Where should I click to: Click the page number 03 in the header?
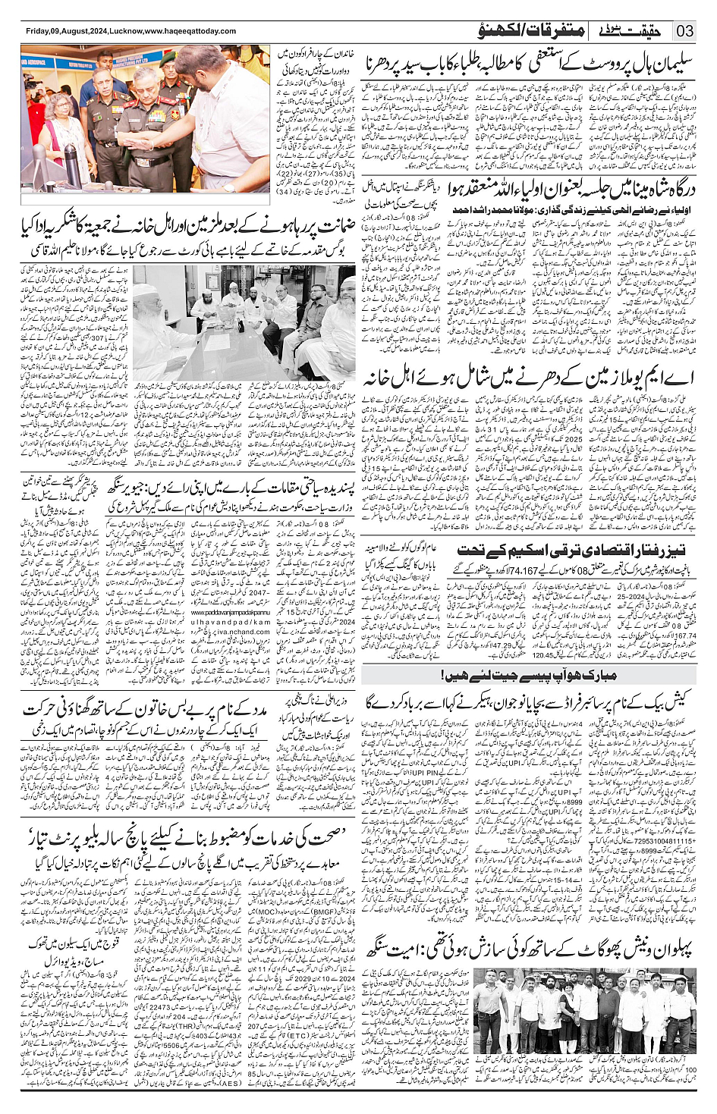685,31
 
